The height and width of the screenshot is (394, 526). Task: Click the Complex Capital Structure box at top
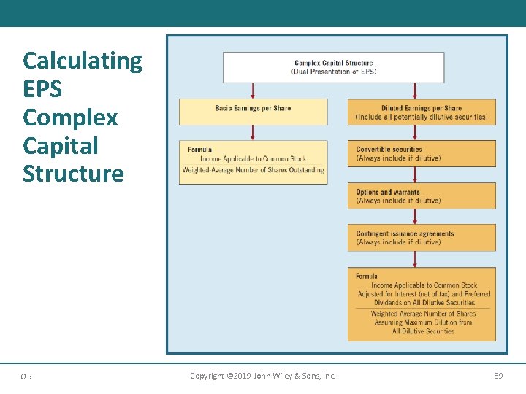[333, 67]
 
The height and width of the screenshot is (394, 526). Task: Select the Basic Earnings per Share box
[253, 112]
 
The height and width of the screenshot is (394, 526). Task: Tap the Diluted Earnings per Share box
[422, 112]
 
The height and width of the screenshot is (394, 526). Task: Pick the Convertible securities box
[422, 154]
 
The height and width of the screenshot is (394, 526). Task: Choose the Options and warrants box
[422, 196]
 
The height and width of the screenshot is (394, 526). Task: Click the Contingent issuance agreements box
[422, 238]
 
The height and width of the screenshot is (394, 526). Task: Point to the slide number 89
[498, 376]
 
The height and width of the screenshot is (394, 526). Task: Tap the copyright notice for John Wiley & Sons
[262, 376]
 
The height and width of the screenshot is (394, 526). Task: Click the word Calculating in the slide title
[83, 61]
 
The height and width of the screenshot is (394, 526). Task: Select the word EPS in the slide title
[42, 89]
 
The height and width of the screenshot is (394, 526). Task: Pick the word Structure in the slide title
[73, 174]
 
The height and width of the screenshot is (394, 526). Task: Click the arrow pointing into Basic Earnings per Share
[253, 90]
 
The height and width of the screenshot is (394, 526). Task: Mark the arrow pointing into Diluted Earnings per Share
[415, 90]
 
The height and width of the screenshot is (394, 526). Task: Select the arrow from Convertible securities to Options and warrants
[415, 174]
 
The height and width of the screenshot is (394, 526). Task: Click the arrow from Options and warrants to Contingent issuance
[415, 217]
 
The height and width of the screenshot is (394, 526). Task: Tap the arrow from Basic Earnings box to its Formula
[253, 132]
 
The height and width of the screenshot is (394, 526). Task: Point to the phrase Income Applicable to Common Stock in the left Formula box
[253, 159]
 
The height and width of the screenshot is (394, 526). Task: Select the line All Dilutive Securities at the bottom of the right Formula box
[423, 331]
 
